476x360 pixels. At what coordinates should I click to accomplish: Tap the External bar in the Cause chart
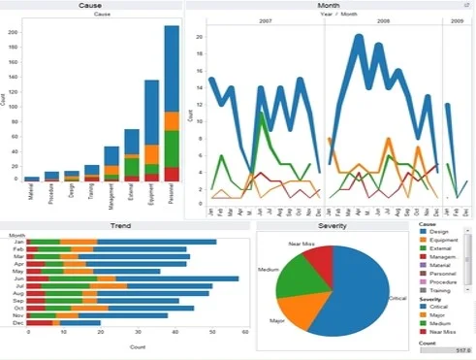tap(131, 155)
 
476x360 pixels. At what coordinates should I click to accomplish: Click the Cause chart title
tap(93, 6)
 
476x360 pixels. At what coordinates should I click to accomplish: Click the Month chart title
tap(328, 6)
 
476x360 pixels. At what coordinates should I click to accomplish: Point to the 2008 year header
tap(384, 19)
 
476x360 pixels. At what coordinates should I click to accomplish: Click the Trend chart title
tap(121, 225)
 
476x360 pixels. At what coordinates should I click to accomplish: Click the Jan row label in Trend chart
tap(18, 242)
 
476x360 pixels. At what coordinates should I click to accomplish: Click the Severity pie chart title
tap(333, 225)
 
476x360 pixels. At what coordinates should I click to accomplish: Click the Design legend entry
tap(437, 231)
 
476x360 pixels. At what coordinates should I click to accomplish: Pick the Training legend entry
tap(439, 290)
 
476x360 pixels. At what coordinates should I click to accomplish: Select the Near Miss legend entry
tap(440, 332)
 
